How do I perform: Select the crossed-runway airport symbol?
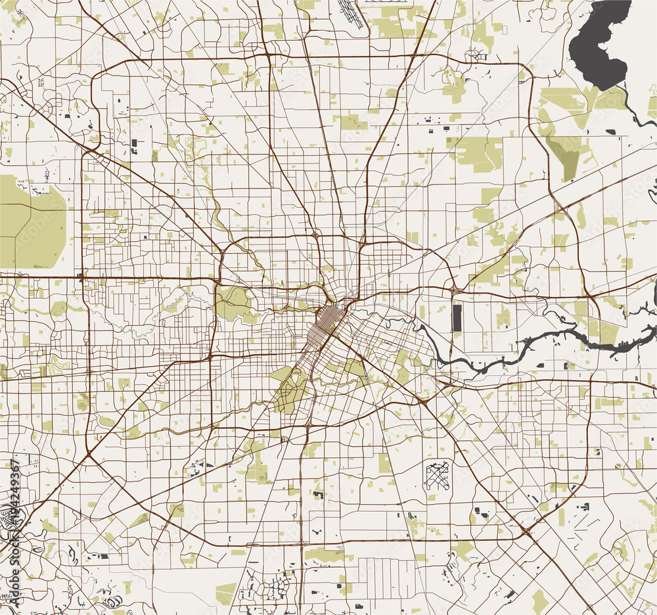click(x=436, y=476)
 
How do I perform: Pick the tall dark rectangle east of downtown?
click(x=457, y=317)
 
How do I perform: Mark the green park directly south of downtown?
click(x=289, y=388)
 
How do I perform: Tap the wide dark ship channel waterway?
click(x=558, y=342)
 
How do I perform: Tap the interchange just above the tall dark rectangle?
click(x=456, y=288)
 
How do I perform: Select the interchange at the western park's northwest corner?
click(x=217, y=281)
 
